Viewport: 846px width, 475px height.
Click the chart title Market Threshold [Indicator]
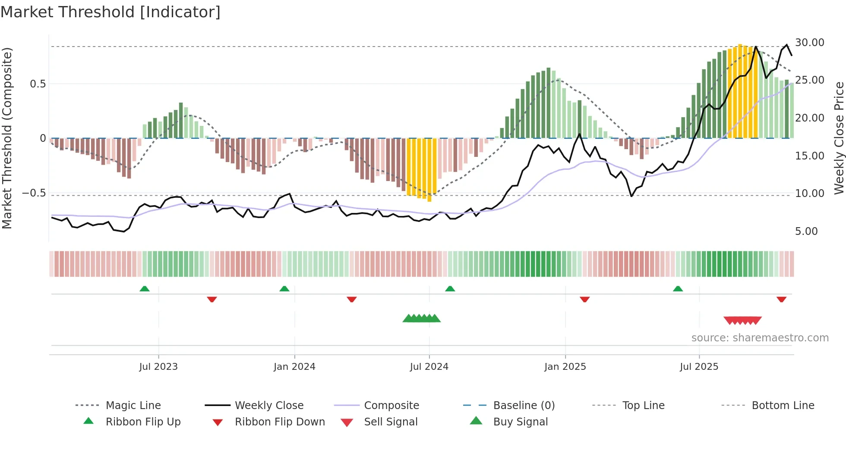[110, 12]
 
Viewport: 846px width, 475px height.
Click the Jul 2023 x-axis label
[158, 367]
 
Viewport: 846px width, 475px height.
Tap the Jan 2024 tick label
[294, 367]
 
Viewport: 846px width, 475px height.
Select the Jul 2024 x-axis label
[429, 367]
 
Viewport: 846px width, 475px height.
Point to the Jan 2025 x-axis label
[565, 367]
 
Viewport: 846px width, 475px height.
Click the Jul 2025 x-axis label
[699, 367]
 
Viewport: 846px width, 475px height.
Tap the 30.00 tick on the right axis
[809, 43]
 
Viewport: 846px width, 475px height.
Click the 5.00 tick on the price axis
[806, 231]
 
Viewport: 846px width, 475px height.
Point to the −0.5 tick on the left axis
[34, 193]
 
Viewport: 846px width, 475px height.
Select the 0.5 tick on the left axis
[38, 84]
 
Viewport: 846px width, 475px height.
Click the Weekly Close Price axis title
[839, 138]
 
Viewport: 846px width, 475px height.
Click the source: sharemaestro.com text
[760, 338]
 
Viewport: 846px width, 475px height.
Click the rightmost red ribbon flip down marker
[781, 299]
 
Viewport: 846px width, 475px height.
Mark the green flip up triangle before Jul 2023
[145, 289]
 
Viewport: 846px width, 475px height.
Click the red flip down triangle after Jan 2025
[584, 299]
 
